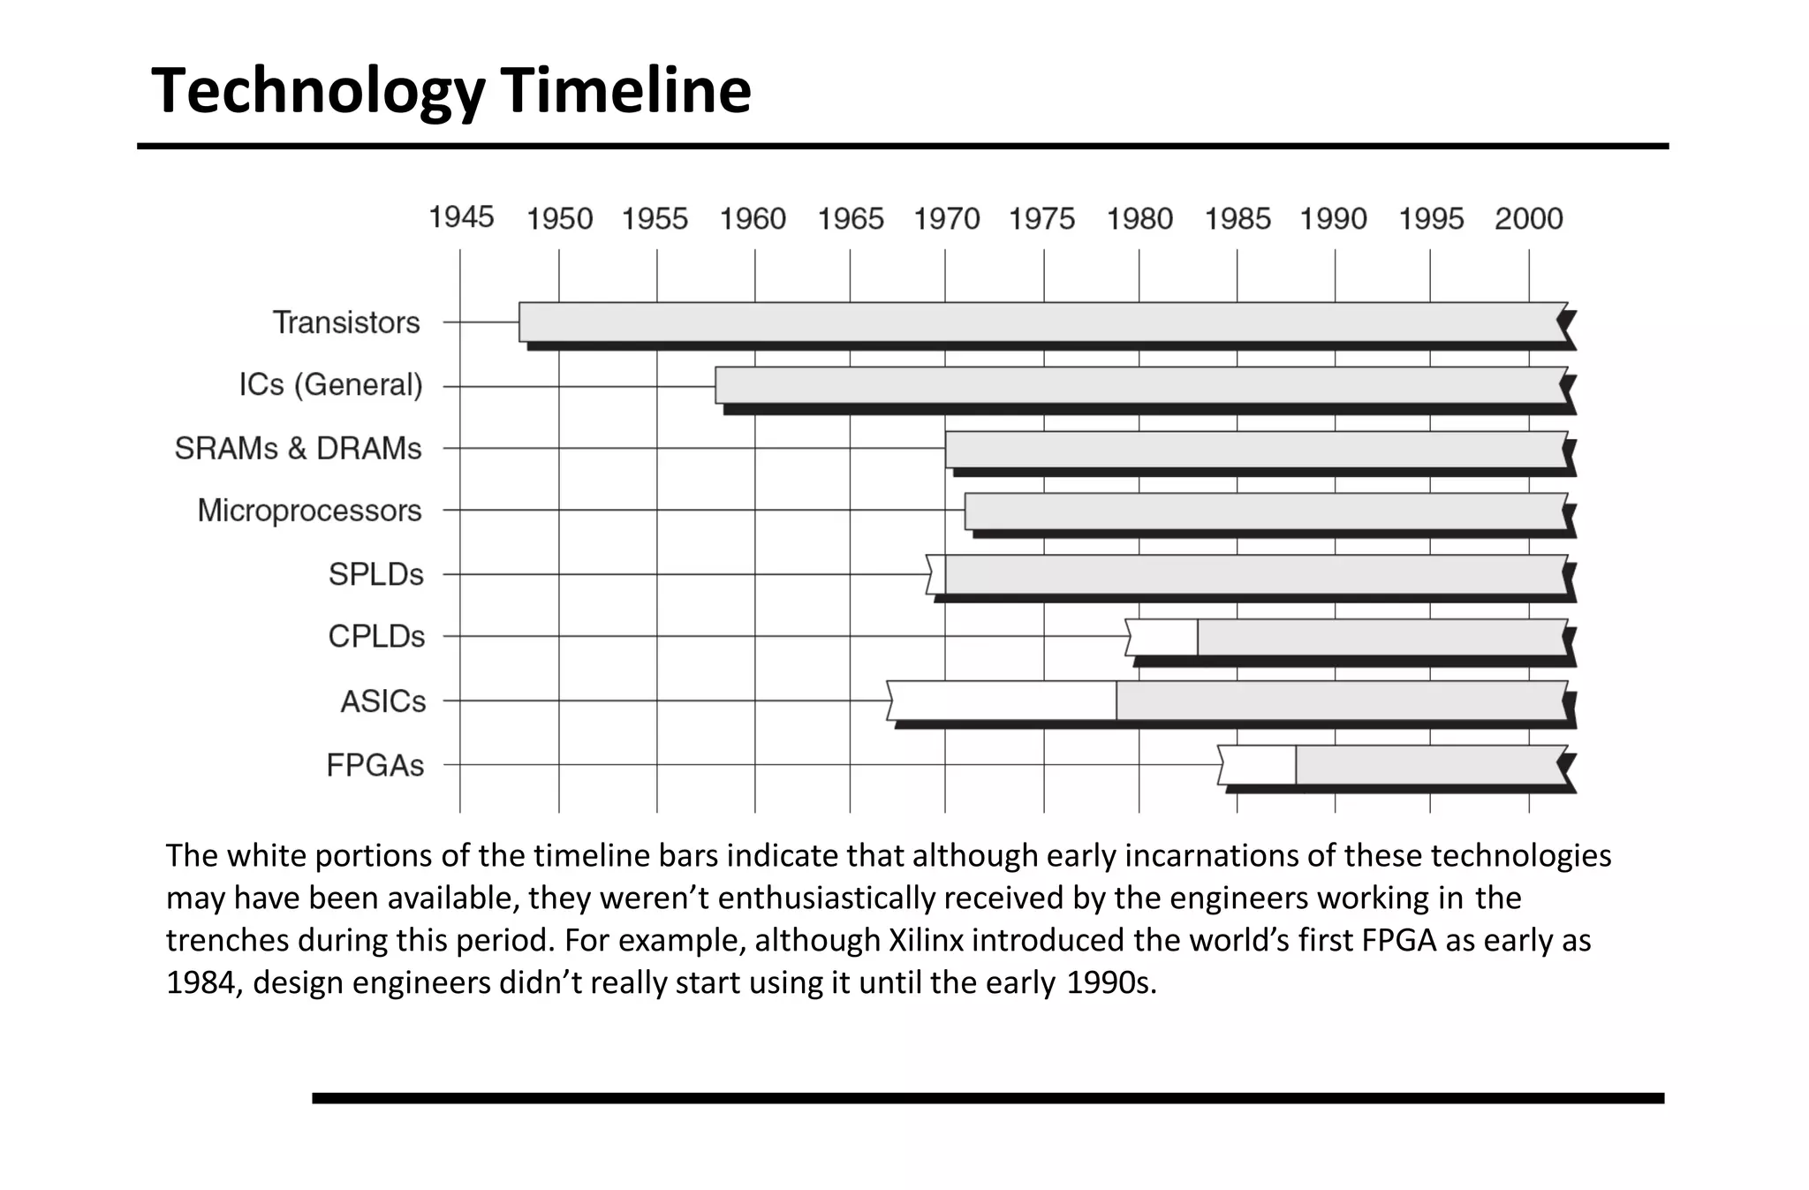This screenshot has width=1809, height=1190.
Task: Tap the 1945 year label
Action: [461, 216]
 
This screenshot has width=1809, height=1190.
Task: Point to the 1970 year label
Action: [946, 218]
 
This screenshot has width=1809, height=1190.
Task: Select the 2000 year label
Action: [1528, 218]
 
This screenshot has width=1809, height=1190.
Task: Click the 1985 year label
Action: [1238, 218]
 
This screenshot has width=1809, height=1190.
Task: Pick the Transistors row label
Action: [345, 322]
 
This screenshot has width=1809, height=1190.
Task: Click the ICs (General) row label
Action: [330, 384]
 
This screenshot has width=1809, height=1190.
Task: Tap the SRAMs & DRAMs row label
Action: [298, 449]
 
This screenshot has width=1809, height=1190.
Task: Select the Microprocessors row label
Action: [309, 511]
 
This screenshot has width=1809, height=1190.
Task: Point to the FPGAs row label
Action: [375, 765]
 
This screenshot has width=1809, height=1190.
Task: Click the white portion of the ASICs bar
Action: [1003, 701]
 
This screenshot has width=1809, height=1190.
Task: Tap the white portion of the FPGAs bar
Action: [1259, 765]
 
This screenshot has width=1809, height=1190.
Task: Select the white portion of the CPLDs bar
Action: [1163, 637]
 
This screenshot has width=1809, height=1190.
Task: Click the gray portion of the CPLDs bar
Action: [1382, 637]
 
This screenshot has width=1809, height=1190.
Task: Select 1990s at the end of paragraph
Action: [1111, 982]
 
